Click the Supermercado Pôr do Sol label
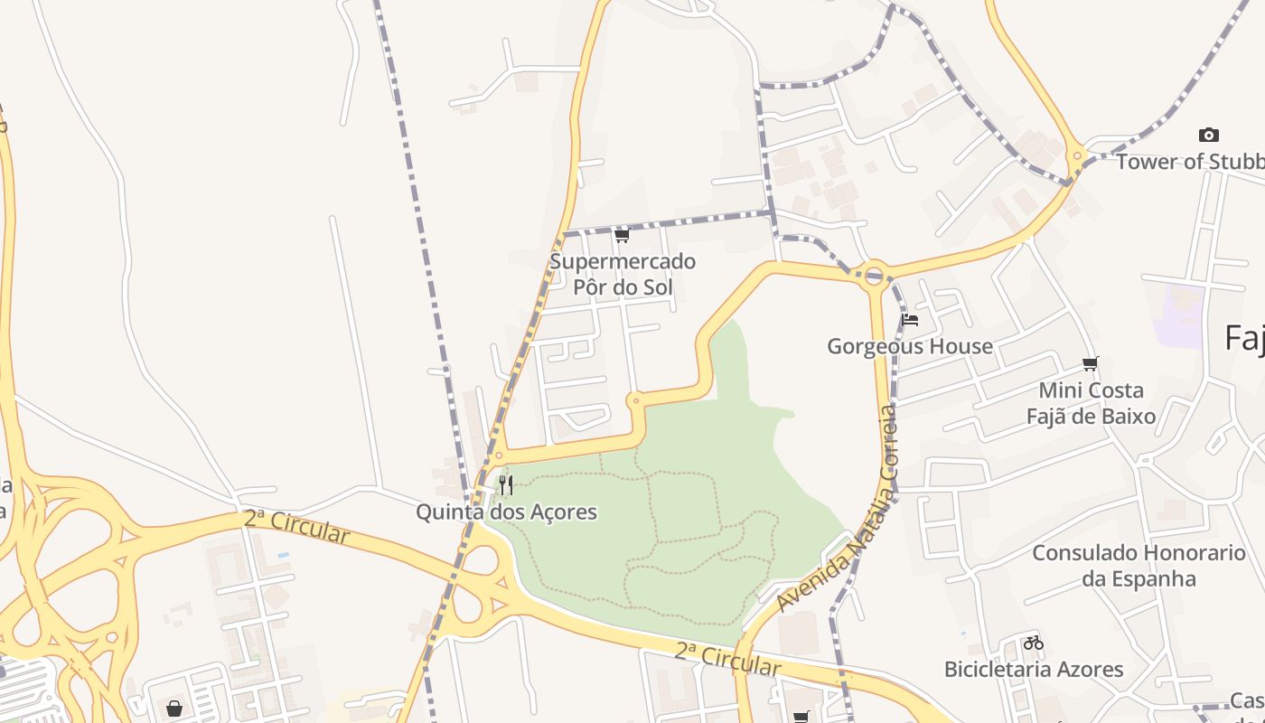pos(623,275)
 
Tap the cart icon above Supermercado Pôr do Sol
pos(622,236)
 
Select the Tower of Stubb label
pos(1189,162)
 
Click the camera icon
pos(1208,136)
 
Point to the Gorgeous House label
pos(910,346)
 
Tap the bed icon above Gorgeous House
pos(910,319)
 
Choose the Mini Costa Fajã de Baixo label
pos(1091,403)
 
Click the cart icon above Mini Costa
pos(1091,364)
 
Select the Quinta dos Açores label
pos(506,512)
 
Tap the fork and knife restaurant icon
pos(506,485)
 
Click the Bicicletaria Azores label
pos(1034,670)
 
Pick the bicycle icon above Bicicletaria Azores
pos(1034,643)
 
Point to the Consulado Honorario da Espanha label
pos(1138,566)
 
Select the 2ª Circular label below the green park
pos(727,660)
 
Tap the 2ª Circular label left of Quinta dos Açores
pos(296,527)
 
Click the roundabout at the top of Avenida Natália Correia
pos(874,275)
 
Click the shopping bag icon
pos(173,708)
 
